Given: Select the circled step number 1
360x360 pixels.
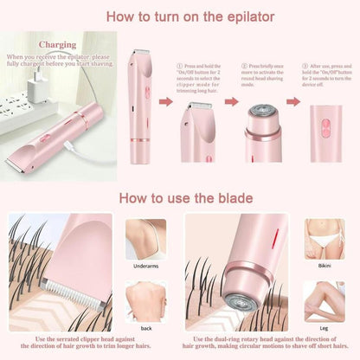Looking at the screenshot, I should coord(178,65).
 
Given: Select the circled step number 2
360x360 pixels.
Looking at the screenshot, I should coord(243,65).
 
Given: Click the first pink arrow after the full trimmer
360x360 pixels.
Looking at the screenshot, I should coord(164,102).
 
